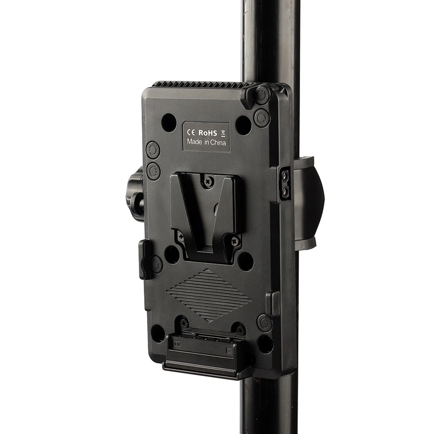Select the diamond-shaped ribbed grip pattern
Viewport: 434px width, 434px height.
(209, 294)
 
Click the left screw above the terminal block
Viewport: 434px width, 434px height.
(184, 323)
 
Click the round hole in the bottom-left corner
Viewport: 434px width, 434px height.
(158, 333)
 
